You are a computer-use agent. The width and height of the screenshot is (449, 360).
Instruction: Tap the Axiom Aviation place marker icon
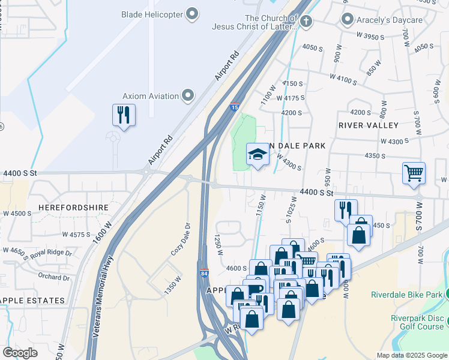point(188,96)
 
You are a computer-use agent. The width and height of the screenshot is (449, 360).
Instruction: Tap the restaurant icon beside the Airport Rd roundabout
point(124,115)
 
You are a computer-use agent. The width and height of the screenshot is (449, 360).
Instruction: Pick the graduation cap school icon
point(257,154)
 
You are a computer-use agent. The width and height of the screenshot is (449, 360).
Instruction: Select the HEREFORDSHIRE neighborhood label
point(73,207)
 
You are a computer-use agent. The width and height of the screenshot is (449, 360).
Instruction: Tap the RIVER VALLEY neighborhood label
point(368,125)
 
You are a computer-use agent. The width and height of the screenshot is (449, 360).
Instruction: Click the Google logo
point(20,352)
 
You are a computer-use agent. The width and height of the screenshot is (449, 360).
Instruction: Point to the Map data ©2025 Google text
point(411,355)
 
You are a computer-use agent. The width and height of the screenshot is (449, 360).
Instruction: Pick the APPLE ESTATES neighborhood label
point(32,300)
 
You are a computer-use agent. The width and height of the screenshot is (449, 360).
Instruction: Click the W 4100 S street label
point(343,79)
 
